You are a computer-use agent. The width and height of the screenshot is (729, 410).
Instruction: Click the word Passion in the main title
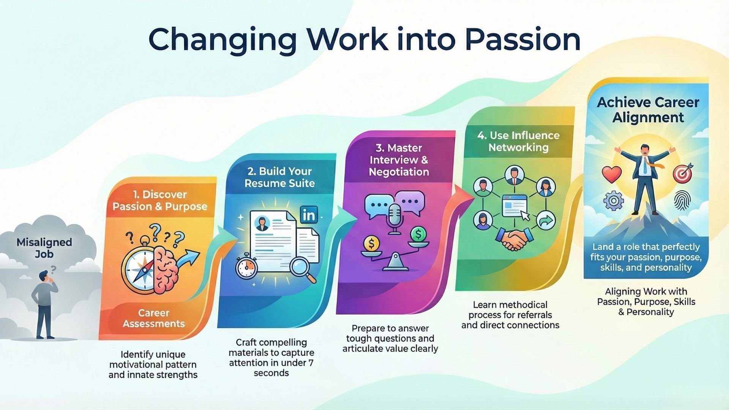click(522, 39)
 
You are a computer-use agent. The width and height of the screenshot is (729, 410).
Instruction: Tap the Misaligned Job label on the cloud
click(44, 248)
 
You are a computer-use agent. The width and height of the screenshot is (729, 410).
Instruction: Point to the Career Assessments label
click(153, 318)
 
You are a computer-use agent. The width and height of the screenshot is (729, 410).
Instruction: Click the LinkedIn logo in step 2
click(309, 215)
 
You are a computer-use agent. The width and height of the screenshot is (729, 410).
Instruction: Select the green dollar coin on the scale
click(418, 235)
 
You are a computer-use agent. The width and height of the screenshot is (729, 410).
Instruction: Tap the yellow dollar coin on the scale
click(371, 243)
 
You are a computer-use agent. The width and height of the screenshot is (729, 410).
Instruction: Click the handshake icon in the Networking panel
click(514, 239)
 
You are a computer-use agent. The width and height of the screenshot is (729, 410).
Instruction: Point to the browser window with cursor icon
click(515, 207)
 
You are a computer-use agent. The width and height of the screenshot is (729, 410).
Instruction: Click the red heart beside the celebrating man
click(612, 174)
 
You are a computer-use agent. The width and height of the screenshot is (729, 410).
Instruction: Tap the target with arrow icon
click(683, 173)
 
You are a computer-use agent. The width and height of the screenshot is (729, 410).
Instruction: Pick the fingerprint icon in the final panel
click(682, 200)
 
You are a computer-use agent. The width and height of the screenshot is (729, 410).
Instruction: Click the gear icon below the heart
click(613, 200)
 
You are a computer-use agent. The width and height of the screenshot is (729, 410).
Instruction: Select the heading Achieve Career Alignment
click(648, 110)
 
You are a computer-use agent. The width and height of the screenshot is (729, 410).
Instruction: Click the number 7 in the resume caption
click(311, 363)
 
